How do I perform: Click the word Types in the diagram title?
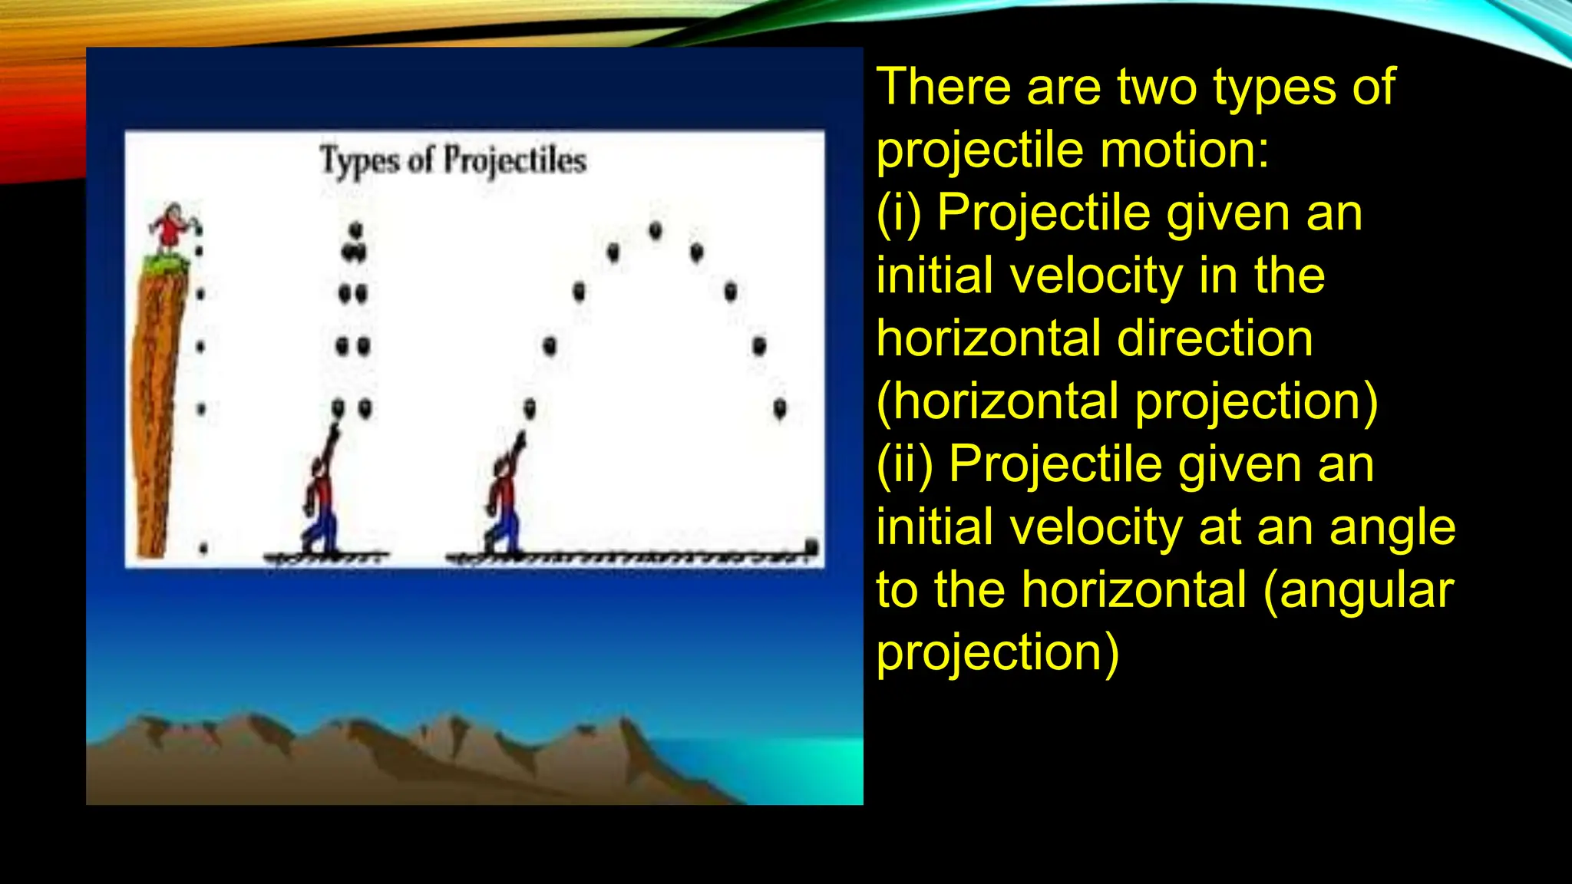(359, 161)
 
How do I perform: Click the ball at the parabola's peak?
(656, 230)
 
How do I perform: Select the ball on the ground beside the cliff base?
(203, 548)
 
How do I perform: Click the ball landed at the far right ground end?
(811, 546)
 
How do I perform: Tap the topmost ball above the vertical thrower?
(355, 229)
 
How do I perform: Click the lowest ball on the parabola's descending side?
(780, 408)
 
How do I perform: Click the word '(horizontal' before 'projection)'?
(998, 402)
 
